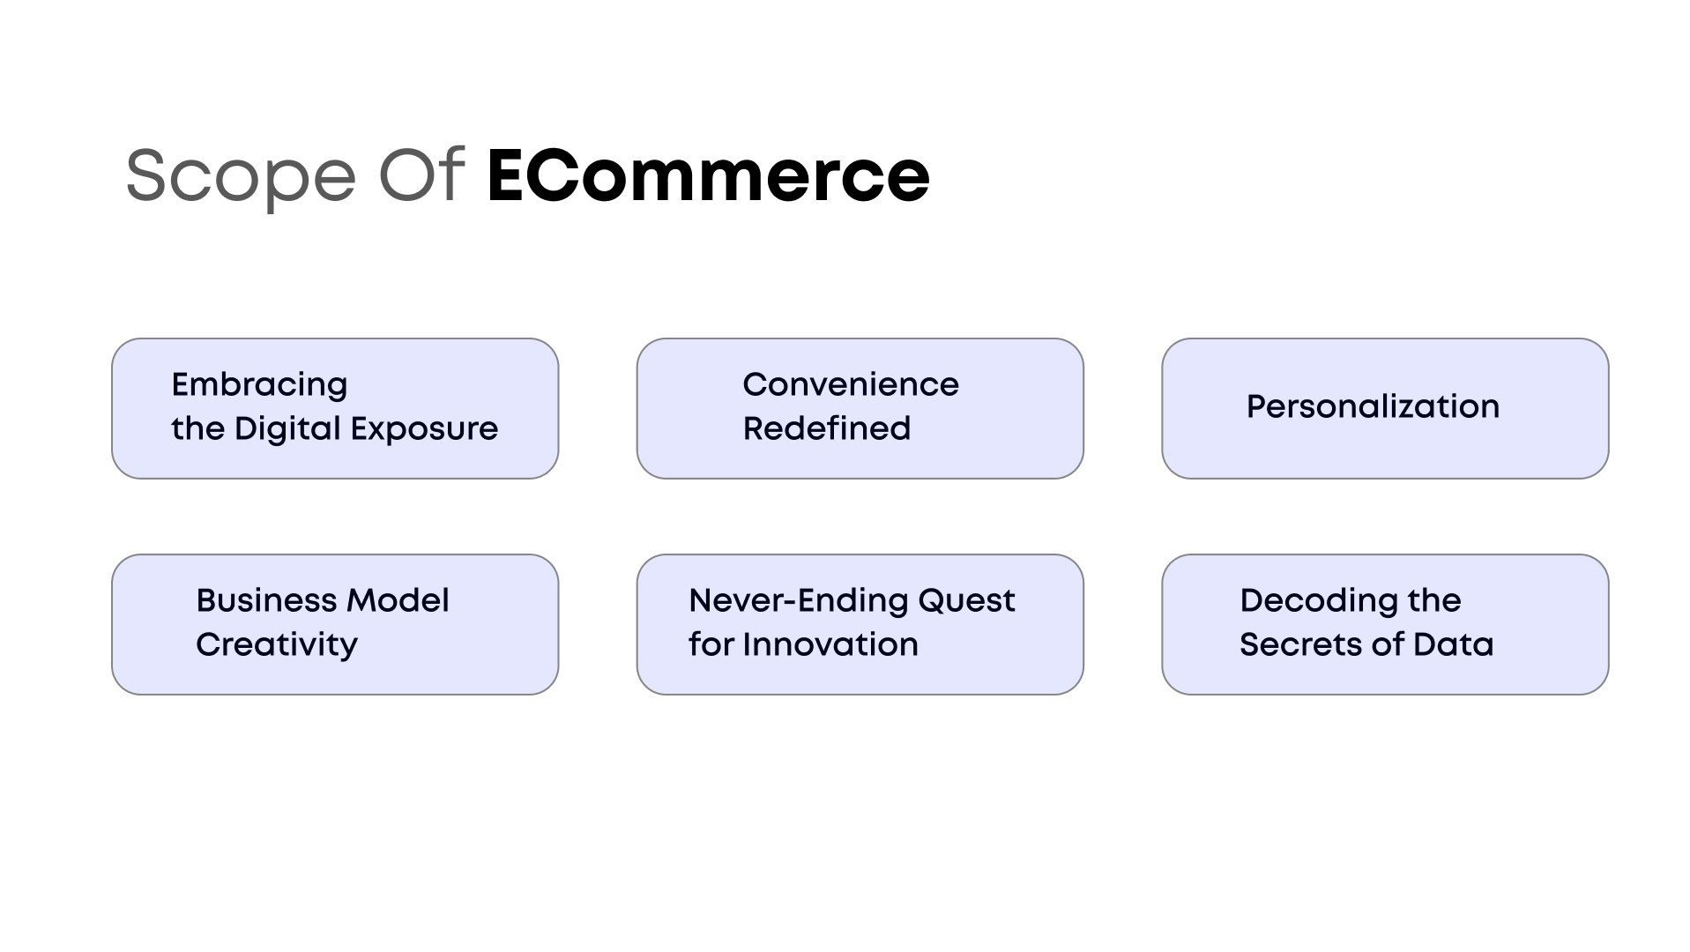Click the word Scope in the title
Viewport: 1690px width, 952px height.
[x=241, y=176]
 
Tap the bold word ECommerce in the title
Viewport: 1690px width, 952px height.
[x=708, y=175]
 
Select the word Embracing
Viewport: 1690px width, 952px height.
[x=259, y=385]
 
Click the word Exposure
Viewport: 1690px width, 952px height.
[x=424, y=429]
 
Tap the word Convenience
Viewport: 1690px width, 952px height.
[x=850, y=384]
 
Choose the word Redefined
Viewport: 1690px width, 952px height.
[x=826, y=428]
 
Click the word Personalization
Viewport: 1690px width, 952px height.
[x=1373, y=406]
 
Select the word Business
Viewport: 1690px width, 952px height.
[x=265, y=600]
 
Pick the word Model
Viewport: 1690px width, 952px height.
[x=398, y=600]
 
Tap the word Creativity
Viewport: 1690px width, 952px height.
[x=276, y=645]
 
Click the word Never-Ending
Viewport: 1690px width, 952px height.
[x=798, y=600]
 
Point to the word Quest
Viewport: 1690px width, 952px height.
[x=966, y=601]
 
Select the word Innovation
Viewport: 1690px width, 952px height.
[x=830, y=644]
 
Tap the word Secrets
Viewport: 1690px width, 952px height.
[x=1299, y=644]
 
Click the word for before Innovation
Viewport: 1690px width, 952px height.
[x=711, y=644]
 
